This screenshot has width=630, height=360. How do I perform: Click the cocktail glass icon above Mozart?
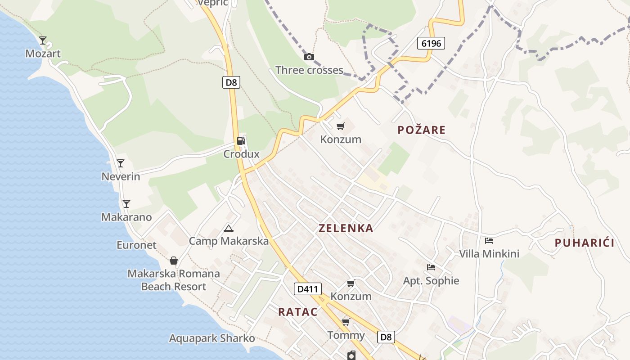(43, 40)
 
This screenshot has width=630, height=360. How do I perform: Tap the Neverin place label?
(121, 177)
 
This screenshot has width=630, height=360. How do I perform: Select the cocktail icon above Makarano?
(126, 204)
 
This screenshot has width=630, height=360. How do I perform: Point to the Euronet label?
(136, 245)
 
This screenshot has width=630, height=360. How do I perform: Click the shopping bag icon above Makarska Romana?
(174, 261)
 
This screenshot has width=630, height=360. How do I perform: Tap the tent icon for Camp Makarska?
(229, 228)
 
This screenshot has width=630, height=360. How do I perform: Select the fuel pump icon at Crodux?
(241, 140)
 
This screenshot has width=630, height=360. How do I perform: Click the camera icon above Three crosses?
(309, 57)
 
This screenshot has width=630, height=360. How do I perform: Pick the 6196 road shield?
(431, 43)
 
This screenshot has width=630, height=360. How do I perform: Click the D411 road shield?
(308, 289)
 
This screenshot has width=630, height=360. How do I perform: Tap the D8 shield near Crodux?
(231, 82)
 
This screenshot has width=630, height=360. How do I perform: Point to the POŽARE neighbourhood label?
(422, 130)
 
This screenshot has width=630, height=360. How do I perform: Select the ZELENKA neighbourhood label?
(346, 228)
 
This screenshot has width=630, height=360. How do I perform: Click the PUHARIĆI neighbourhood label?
(585, 243)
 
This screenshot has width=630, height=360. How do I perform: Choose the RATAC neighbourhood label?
(298, 312)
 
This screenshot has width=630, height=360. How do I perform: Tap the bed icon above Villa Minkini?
(489, 241)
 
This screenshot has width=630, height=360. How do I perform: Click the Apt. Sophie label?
(431, 281)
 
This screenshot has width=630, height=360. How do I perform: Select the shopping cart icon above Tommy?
(346, 322)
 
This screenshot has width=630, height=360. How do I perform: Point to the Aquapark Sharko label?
(212, 338)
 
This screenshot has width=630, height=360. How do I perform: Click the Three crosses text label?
(309, 70)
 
